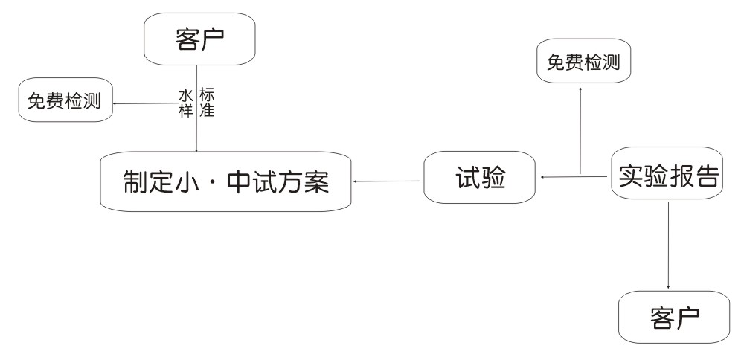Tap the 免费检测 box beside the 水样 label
point(65,101)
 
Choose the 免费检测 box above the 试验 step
point(583,62)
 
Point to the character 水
point(185,95)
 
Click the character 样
point(185,110)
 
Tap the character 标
point(207,95)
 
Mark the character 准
point(207,110)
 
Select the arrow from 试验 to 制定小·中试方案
point(387,180)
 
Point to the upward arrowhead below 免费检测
point(580,89)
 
